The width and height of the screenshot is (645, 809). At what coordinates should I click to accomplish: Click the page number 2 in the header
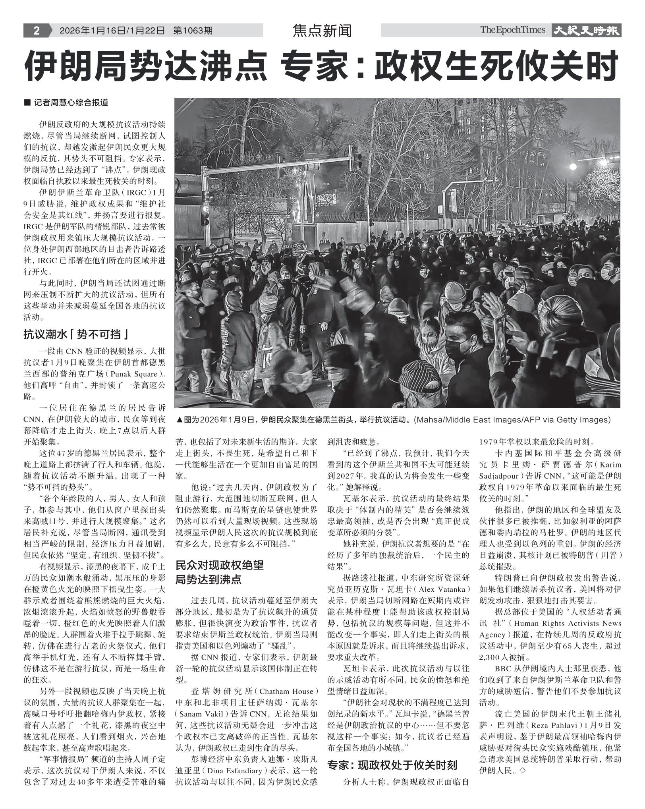[36, 31]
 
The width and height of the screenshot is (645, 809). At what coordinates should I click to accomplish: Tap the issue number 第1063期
[193, 31]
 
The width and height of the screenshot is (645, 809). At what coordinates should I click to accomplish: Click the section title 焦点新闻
[322, 31]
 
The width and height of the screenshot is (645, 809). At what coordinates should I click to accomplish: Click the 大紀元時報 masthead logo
[586, 31]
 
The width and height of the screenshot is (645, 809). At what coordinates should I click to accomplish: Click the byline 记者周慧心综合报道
[71, 103]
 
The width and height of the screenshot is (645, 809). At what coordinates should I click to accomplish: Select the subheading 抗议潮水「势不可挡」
[75, 335]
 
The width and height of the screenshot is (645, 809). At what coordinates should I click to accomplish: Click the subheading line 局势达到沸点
[209, 579]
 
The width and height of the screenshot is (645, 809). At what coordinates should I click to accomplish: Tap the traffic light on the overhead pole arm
[356, 157]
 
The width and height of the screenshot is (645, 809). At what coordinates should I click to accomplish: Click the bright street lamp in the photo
[572, 166]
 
